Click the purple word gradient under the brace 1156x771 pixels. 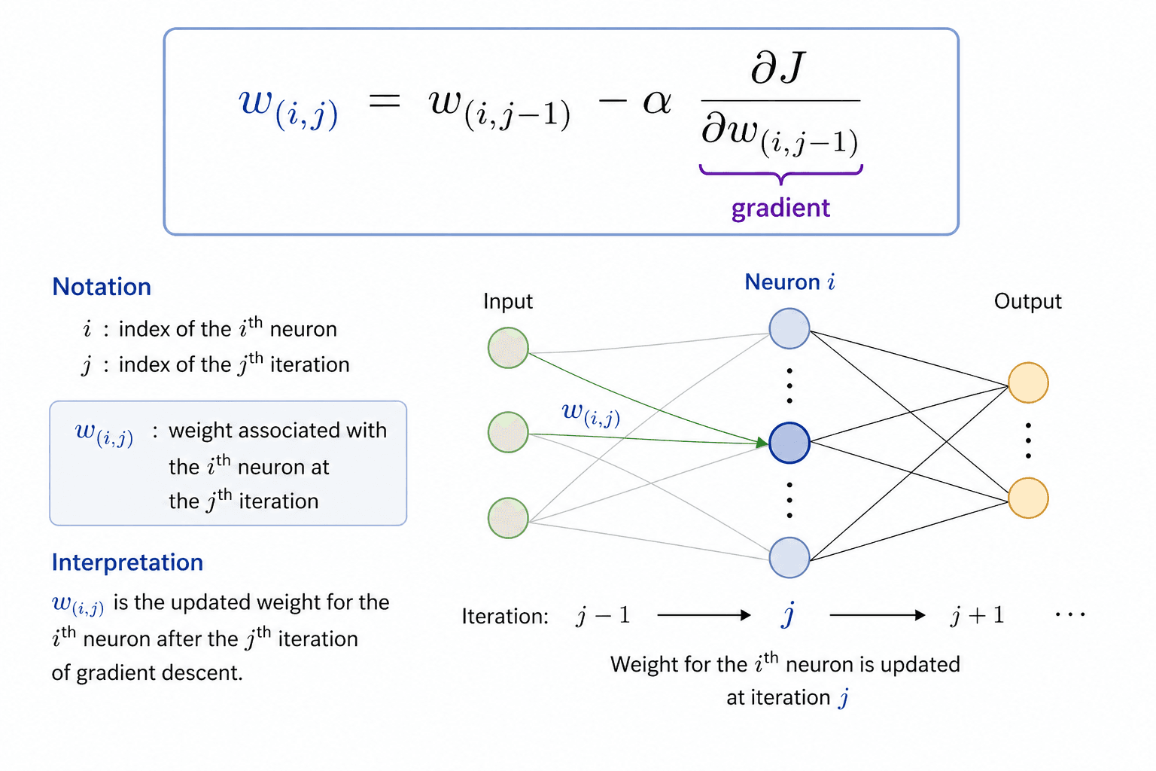pyautogui.click(x=780, y=208)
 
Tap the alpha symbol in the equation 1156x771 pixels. pyautogui.click(x=656, y=102)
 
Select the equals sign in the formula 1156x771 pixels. pyautogui.click(x=384, y=102)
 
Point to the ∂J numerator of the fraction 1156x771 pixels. pyautogui.click(x=778, y=68)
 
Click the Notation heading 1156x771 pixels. pyautogui.click(x=102, y=287)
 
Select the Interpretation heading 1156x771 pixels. pyautogui.click(x=127, y=562)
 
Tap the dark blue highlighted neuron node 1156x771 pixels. pyautogui.click(x=789, y=443)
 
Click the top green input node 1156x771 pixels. pyautogui.click(x=508, y=348)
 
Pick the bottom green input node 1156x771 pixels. pyautogui.click(x=508, y=518)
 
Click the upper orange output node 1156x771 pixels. pyautogui.click(x=1028, y=382)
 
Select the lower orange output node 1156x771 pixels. pyautogui.click(x=1028, y=498)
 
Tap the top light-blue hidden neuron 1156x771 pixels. pyautogui.click(x=789, y=329)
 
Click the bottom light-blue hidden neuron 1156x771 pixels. pyautogui.click(x=789, y=558)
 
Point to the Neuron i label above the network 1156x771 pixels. pyautogui.click(x=789, y=282)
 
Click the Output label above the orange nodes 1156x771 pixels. pyautogui.click(x=1027, y=301)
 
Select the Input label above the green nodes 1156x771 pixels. pyautogui.click(x=507, y=301)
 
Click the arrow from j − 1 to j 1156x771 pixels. pyautogui.click(x=704, y=615)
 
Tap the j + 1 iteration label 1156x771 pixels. pyautogui.click(x=976, y=616)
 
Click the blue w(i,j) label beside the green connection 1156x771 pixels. pyautogui.click(x=591, y=413)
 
